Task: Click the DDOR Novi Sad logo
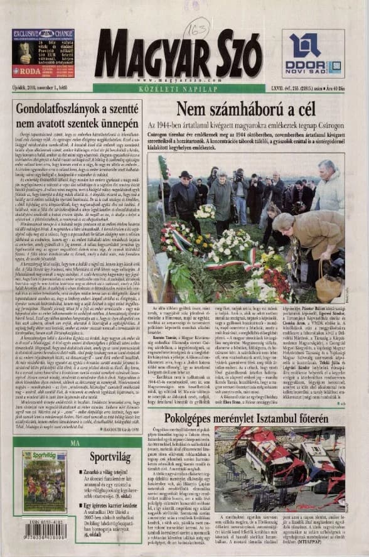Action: coord(313,54)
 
